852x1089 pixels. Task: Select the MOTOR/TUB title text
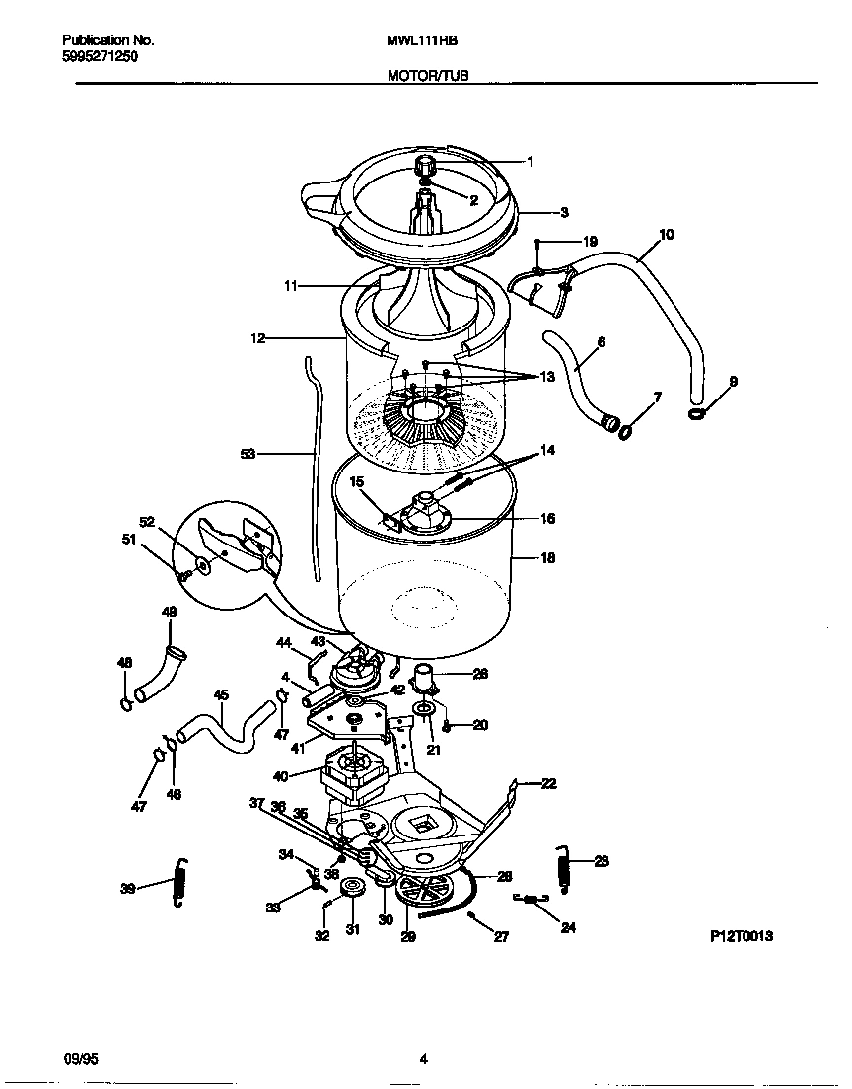[x=415, y=75]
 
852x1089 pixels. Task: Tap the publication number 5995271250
[x=100, y=57]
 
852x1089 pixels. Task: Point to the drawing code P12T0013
[x=741, y=936]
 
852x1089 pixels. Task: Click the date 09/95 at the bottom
[x=78, y=1060]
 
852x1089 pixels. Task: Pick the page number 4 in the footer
[x=423, y=1060]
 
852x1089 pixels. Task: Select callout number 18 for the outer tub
[x=547, y=557]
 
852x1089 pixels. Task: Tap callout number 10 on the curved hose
[x=666, y=235]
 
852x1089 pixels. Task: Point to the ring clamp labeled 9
[x=697, y=412]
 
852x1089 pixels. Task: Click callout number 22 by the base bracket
[x=548, y=783]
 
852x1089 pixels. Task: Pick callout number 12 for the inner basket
[x=258, y=337]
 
